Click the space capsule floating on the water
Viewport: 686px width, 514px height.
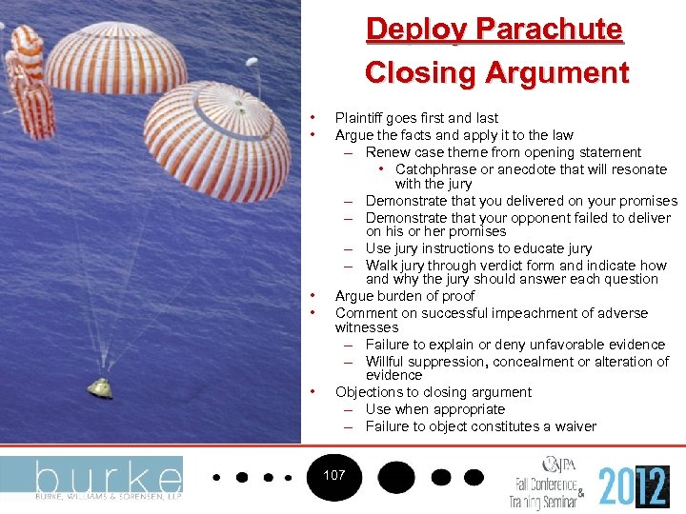pos(98,385)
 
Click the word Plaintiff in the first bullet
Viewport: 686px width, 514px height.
pos(360,118)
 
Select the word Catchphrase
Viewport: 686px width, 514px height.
pos(438,169)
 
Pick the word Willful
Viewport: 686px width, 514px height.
pos(386,362)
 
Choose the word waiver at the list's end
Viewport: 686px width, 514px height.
pos(575,426)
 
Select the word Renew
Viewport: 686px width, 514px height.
pos(385,152)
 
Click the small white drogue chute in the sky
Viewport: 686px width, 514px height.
pos(252,66)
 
